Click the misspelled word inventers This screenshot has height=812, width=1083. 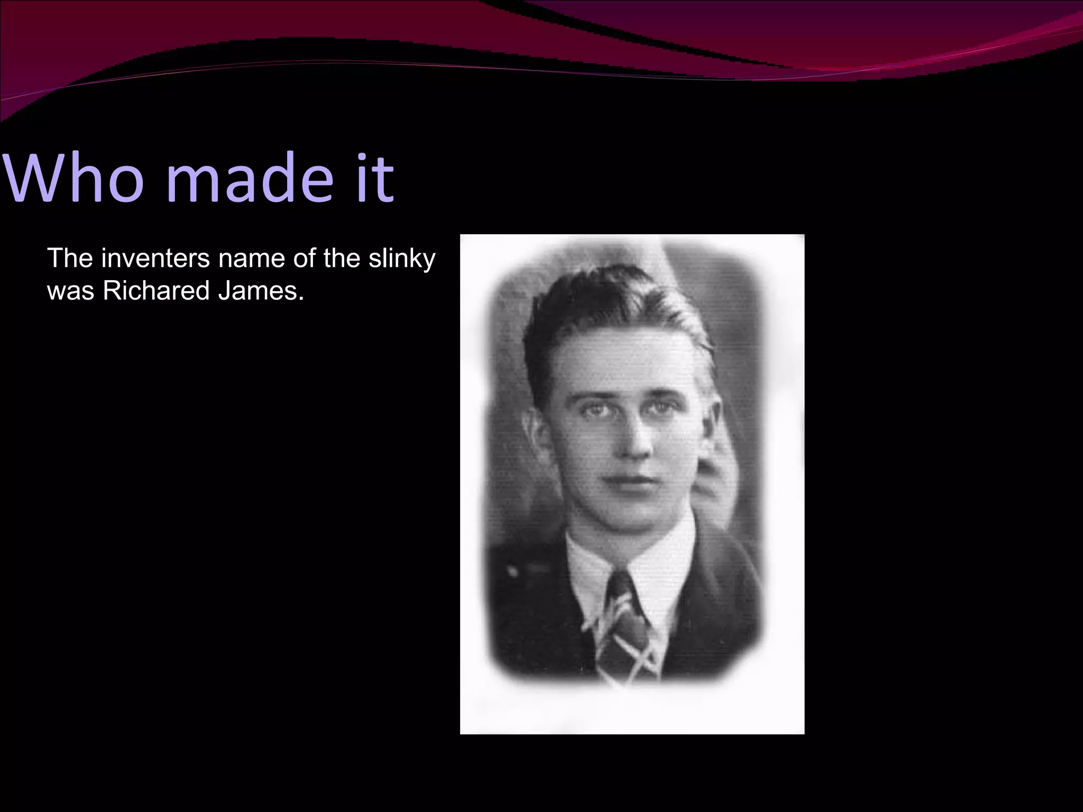click(155, 259)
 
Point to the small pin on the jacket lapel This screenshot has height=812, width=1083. click(511, 571)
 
